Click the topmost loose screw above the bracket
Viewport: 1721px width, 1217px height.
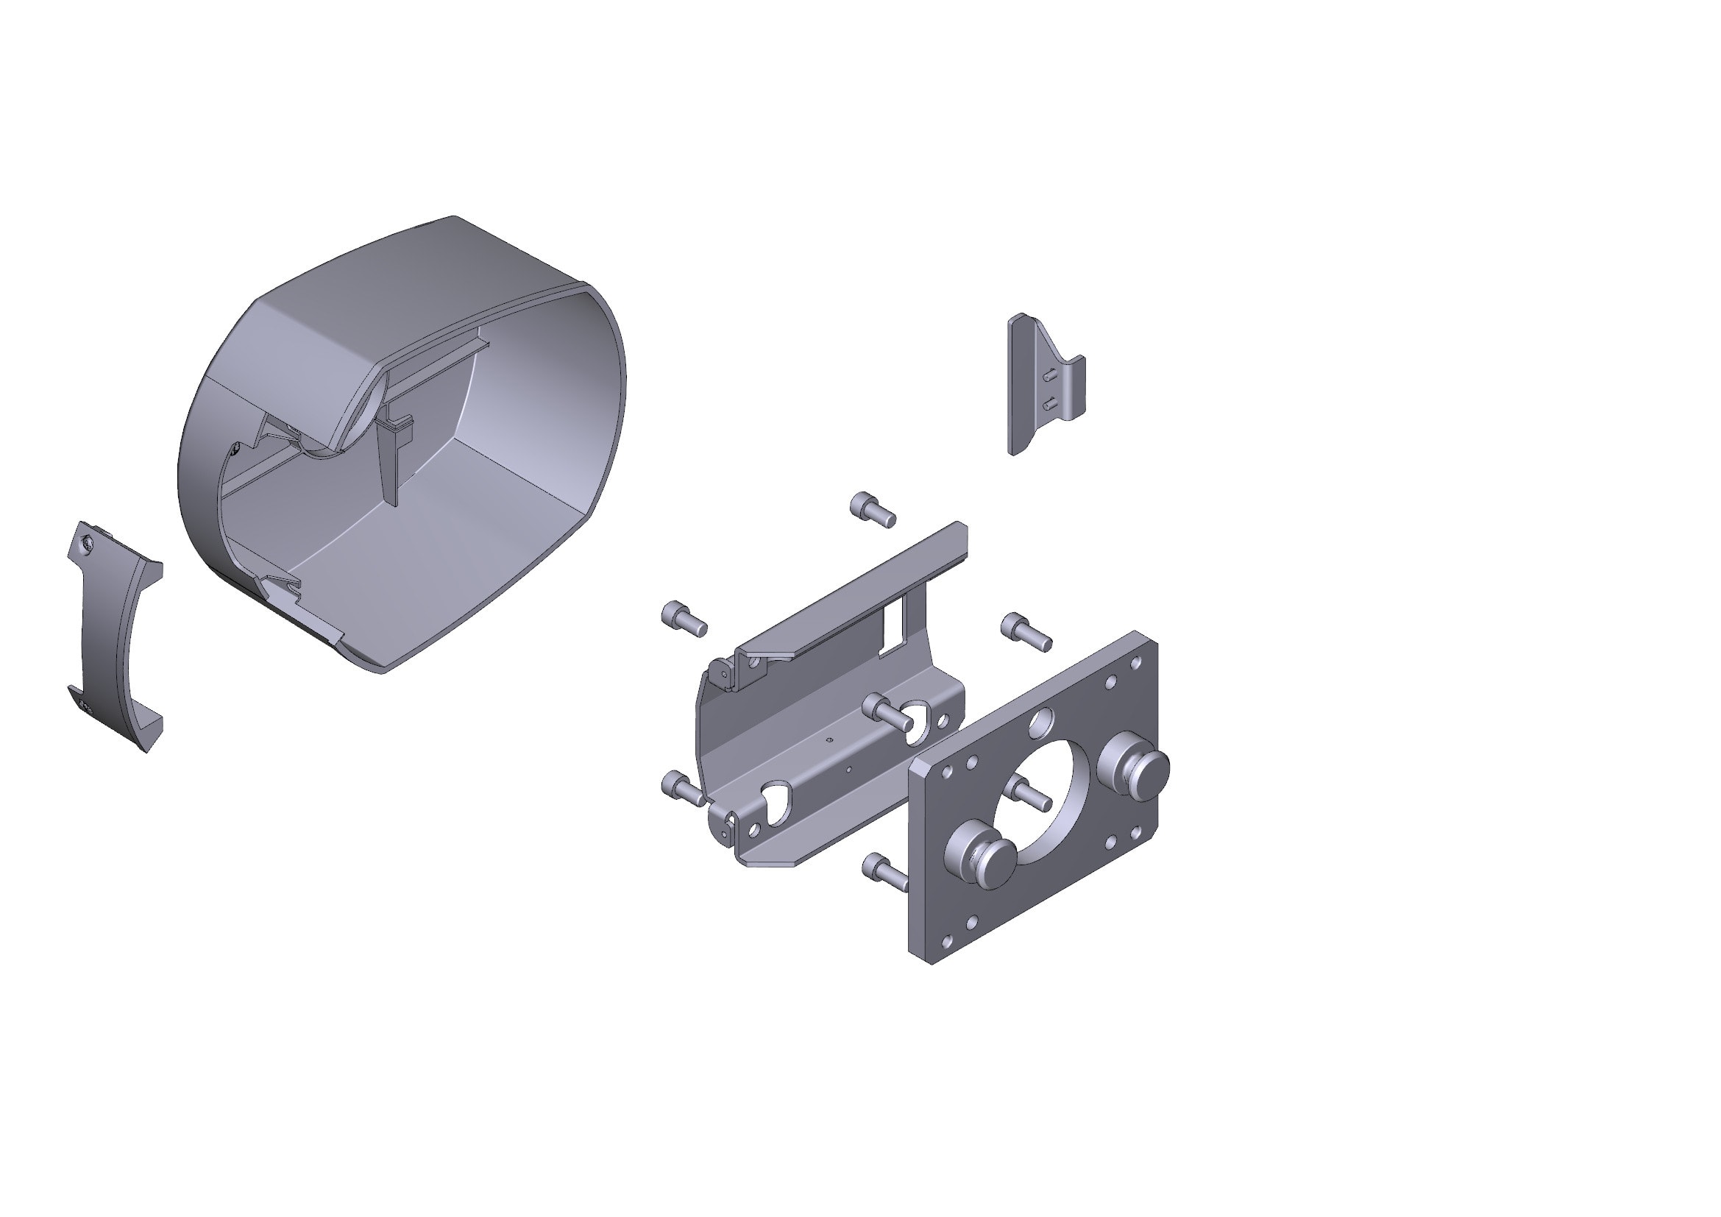[x=872, y=510]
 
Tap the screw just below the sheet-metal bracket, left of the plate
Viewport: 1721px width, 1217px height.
[x=884, y=870]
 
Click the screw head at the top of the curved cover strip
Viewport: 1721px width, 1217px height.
[x=89, y=541]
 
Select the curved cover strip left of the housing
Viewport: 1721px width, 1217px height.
[x=113, y=637]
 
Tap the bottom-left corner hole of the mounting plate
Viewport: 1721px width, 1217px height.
[x=948, y=940]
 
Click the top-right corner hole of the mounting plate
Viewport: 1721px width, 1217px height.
[x=1135, y=662]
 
